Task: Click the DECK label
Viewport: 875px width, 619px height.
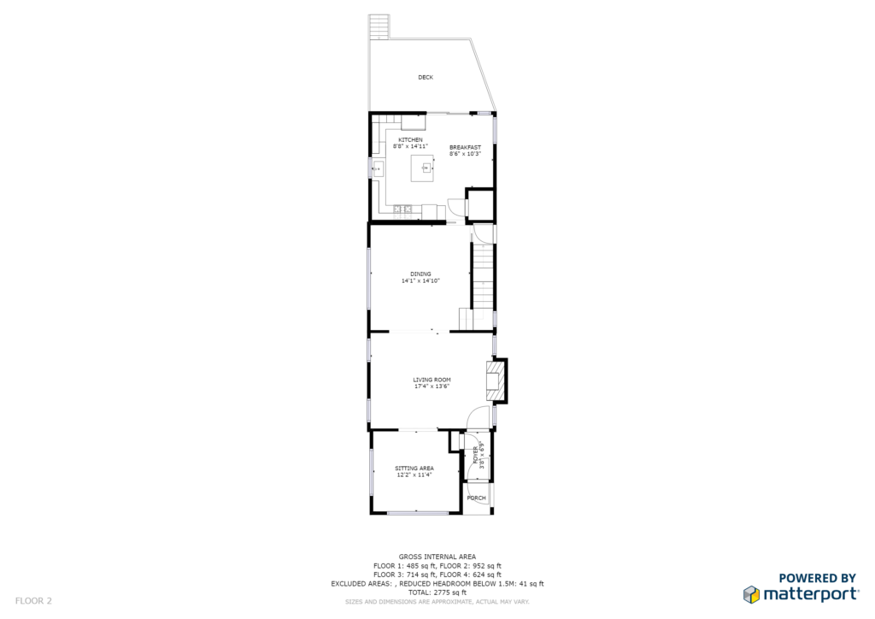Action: click(x=426, y=78)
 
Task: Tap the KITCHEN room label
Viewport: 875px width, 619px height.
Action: click(x=410, y=139)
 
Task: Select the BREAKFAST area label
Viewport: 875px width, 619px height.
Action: click(x=465, y=147)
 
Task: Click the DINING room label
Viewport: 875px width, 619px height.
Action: click(x=420, y=274)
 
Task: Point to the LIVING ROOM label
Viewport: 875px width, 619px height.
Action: click(x=432, y=380)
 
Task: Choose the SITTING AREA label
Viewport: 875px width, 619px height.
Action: click(x=414, y=469)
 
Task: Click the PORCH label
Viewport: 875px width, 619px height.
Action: click(x=476, y=498)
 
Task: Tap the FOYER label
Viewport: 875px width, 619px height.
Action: click(x=476, y=456)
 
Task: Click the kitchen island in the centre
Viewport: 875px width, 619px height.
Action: click(x=422, y=168)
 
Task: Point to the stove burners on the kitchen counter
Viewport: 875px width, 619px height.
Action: click(x=402, y=209)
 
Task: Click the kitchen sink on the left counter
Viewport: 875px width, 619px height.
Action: click(x=378, y=168)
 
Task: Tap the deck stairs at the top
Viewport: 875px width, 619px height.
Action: click(x=379, y=27)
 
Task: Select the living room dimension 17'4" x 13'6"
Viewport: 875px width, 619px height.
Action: click(x=432, y=386)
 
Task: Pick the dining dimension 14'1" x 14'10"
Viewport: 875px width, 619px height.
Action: click(x=420, y=280)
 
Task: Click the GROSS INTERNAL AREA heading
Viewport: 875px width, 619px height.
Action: click(x=437, y=557)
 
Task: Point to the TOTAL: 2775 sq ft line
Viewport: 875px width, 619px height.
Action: click(x=437, y=592)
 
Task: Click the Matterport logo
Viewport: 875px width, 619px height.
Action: click(x=801, y=588)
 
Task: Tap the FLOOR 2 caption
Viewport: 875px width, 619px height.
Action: click(x=33, y=600)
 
